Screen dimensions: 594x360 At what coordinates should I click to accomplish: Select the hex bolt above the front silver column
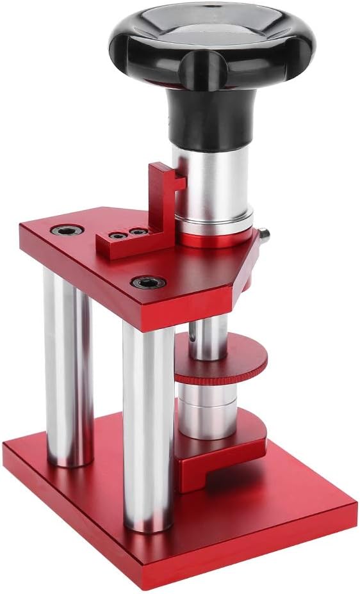pyautogui.click(x=149, y=282)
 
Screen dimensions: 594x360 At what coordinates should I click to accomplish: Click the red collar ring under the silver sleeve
pyautogui.click(x=218, y=239)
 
